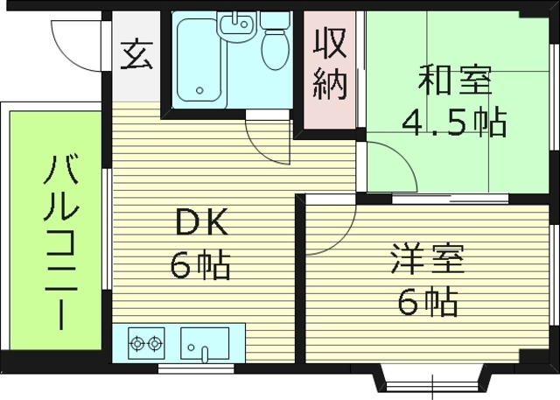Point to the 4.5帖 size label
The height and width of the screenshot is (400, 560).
click(454, 123)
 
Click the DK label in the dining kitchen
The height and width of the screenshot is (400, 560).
click(202, 225)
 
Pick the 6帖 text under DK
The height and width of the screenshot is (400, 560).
click(200, 263)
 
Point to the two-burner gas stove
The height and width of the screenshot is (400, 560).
click(147, 342)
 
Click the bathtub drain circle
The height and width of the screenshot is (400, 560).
click(200, 90)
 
